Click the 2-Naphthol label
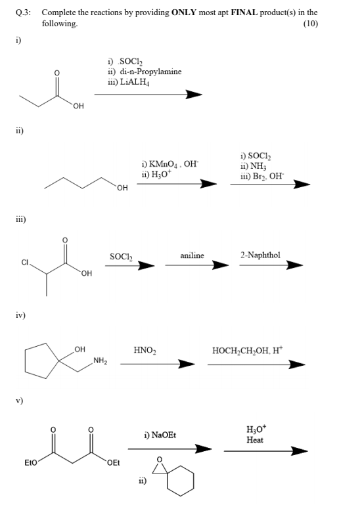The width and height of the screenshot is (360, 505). click(260, 254)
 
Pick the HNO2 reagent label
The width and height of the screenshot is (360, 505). click(144, 350)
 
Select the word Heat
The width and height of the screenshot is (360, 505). click(255, 440)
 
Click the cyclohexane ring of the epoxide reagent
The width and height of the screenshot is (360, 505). click(181, 484)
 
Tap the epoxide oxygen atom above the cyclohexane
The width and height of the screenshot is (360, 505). click(163, 459)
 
